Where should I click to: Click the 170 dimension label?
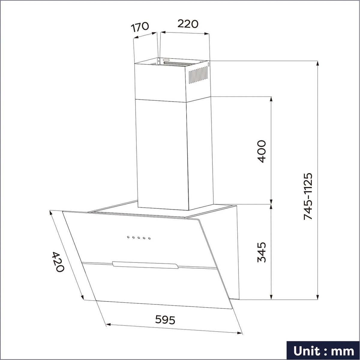click(x=140, y=27)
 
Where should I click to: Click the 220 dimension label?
click(x=187, y=24)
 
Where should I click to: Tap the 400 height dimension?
click(x=261, y=151)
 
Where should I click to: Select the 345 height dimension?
click(x=261, y=252)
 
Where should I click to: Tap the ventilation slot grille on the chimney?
click(x=198, y=77)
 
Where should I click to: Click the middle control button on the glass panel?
click(x=139, y=238)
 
